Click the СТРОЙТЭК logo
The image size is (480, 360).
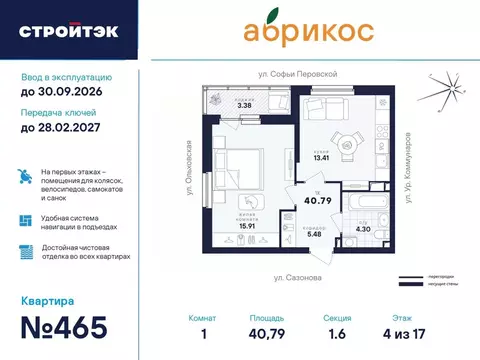(x=68, y=31)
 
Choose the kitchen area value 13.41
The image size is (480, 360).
(x=318, y=157)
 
